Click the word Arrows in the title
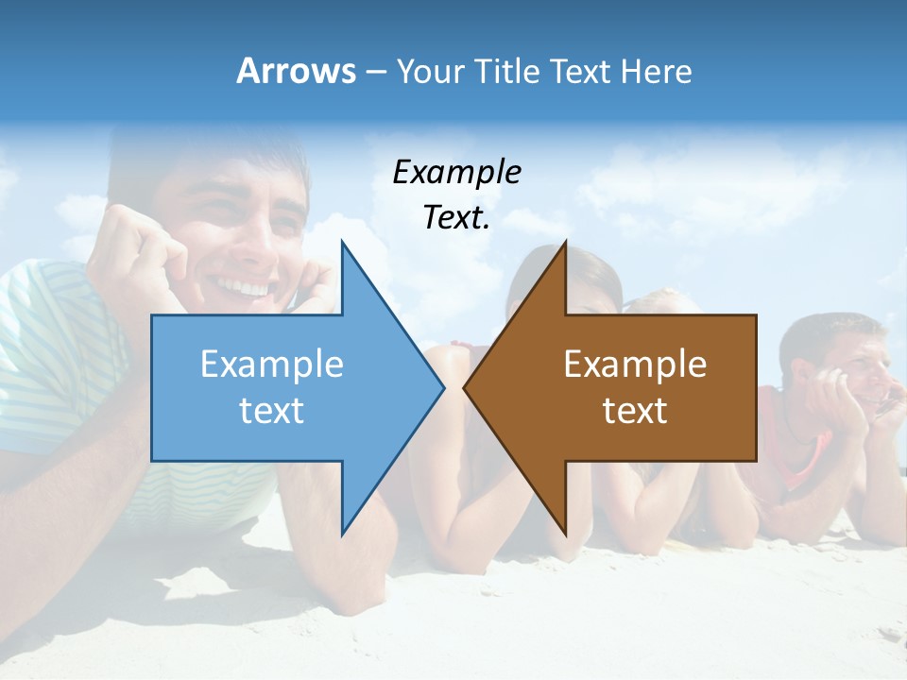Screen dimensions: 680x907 pos(297,71)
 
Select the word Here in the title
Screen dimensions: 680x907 pos(656,71)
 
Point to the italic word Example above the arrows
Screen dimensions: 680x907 pos(456,172)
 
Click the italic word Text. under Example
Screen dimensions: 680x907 pos(456,217)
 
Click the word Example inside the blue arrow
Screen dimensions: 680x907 pos(272,365)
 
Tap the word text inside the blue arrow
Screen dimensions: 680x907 pos(272,411)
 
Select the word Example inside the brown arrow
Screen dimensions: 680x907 pos(635,365)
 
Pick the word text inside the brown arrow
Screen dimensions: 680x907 pos(635,411)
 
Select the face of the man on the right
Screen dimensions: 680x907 pos(850,364)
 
